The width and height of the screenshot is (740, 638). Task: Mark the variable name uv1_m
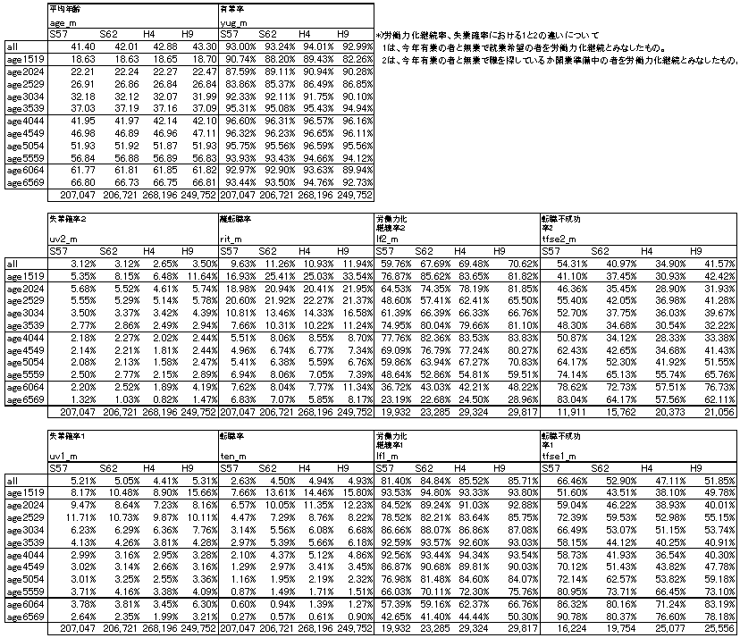click(x=61, y=456)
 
